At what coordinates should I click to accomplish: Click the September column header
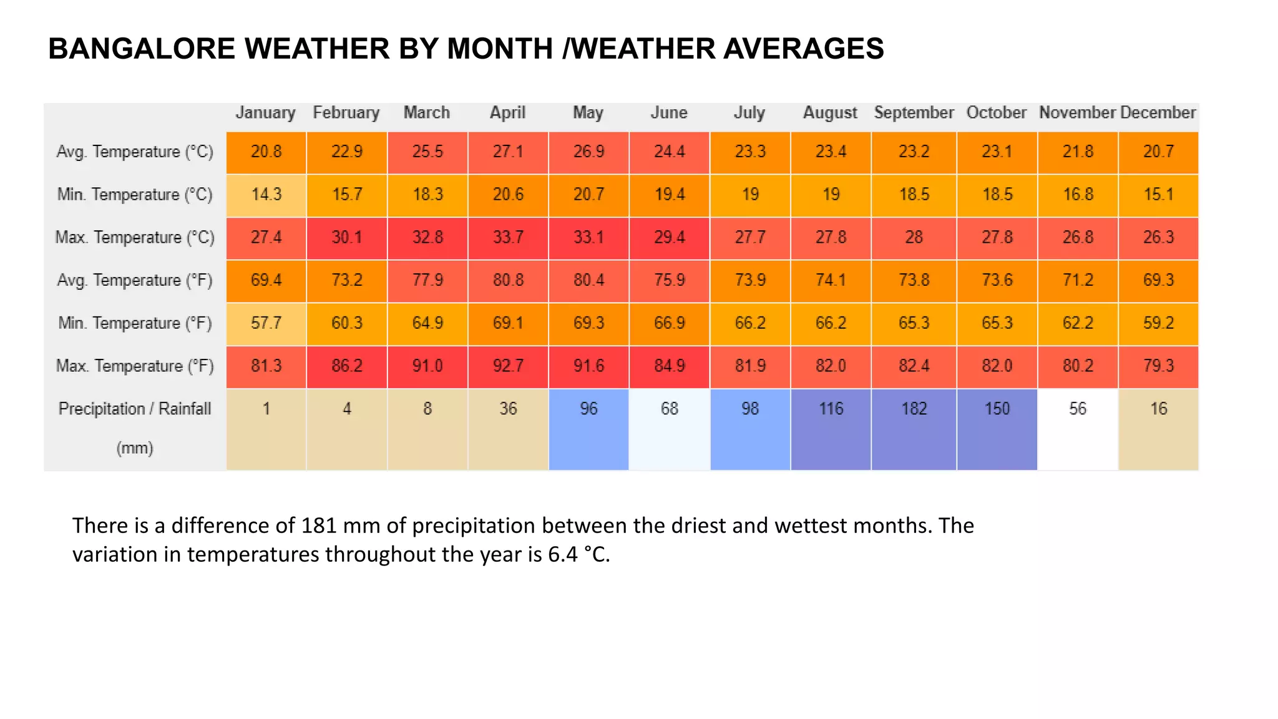[x=914, y=113]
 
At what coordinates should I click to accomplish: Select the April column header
[x=507, y=113]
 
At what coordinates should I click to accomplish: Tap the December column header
[x=1158, y=113]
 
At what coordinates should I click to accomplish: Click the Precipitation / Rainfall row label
[x=135, y=409]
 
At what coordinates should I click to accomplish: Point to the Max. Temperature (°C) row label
[x=135, y=238]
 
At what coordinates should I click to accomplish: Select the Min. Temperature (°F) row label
[x=135, y=323]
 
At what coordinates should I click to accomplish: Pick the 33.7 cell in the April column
[x=508, y=238]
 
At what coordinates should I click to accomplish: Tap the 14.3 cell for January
[x=266, y=195]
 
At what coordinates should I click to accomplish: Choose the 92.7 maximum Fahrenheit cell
[x=508, y=366]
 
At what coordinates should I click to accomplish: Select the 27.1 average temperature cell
[x=508, y=152]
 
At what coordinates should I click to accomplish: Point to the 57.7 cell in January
[x=266, y=323]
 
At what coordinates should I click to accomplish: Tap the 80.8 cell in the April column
[x=508, y=280]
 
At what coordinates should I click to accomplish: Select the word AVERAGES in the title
[x=803, y=49]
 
